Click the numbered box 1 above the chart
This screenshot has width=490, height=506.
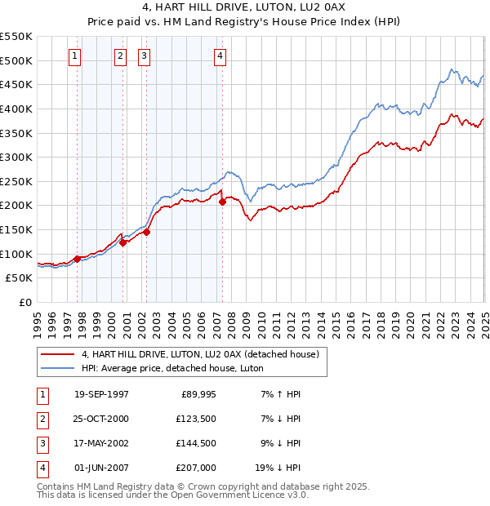point(74,56)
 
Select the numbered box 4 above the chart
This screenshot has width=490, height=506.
point(220,56)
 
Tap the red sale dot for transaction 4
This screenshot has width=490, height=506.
point(222,202)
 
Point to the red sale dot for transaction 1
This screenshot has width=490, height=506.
point(78,259)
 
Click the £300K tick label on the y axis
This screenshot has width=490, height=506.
point(16,157)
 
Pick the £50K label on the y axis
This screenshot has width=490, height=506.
point(20,278)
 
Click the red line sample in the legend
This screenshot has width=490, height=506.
point(57,354)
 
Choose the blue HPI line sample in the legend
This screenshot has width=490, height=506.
point(57,369)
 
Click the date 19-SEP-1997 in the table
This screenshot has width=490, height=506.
point(101,394)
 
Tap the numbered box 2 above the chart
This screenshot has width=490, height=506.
point(120,56)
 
